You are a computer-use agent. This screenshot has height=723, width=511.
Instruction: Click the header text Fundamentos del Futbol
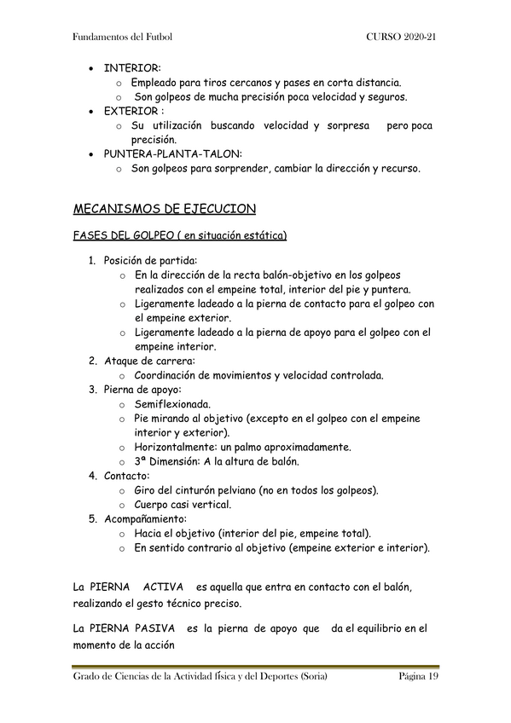point(124,38)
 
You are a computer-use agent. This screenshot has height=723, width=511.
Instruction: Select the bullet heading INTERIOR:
point(131,67)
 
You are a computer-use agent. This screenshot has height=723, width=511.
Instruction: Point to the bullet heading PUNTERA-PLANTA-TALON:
point(172,154)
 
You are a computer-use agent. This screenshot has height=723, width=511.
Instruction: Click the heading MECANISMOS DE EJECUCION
point(165,209)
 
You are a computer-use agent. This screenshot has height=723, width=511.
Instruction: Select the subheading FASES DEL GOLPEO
point(129,235)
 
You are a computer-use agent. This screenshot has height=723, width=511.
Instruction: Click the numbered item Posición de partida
point(151,260)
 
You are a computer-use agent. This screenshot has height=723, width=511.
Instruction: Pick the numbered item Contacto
point(127,476)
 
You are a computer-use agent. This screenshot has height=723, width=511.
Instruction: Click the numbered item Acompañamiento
point(145,518)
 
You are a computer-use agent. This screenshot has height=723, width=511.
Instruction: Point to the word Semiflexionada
point(172,404)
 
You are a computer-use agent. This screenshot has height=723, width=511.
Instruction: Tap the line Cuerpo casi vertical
point(183,505)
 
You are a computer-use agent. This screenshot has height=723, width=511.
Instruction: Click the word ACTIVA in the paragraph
point(163,587)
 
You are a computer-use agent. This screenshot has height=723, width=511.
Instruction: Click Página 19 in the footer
point(418,677)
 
